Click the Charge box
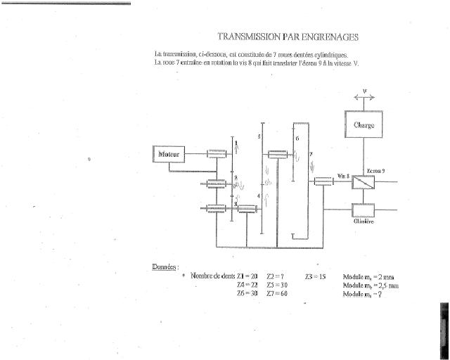pos(364,125)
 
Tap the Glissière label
pos(364,221)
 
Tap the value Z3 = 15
pos(316,276)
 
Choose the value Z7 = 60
pos(277,293)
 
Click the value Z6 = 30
pos(247,293)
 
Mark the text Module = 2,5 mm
pos(371,285)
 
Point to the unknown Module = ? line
pos(363,294)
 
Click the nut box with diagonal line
pos(364,181)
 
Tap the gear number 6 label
pos(297,138)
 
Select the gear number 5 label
pos(259,135)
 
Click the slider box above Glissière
pos(364,209)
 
